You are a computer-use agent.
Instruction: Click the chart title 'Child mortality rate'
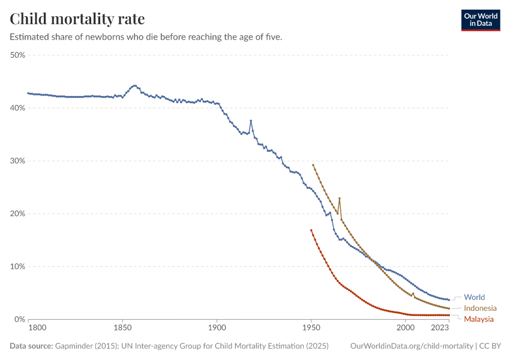point(77,19)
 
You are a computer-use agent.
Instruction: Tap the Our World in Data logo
point(481,20)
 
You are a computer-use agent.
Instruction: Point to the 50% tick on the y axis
point(17,55)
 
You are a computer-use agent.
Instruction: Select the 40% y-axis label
point(17,108)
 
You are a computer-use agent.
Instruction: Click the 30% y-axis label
point(17,161)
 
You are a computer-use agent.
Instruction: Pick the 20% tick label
point(17,214)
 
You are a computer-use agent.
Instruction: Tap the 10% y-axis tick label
point(17,266)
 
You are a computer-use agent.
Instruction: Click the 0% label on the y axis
point(19,319)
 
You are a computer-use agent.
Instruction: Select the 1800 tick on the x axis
point(37,328)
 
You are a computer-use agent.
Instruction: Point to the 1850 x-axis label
point(122,328)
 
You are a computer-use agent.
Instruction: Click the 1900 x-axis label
point(217,328)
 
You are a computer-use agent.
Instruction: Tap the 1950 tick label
point(311,328)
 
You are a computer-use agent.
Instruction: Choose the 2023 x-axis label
point(440,328)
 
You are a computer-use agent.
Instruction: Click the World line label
point(474,297)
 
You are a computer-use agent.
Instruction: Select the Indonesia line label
point(480,308)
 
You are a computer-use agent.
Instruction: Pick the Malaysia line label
point(479,319)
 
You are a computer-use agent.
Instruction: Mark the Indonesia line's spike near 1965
point(340,198)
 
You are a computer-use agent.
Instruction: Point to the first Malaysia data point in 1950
point(311,230)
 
